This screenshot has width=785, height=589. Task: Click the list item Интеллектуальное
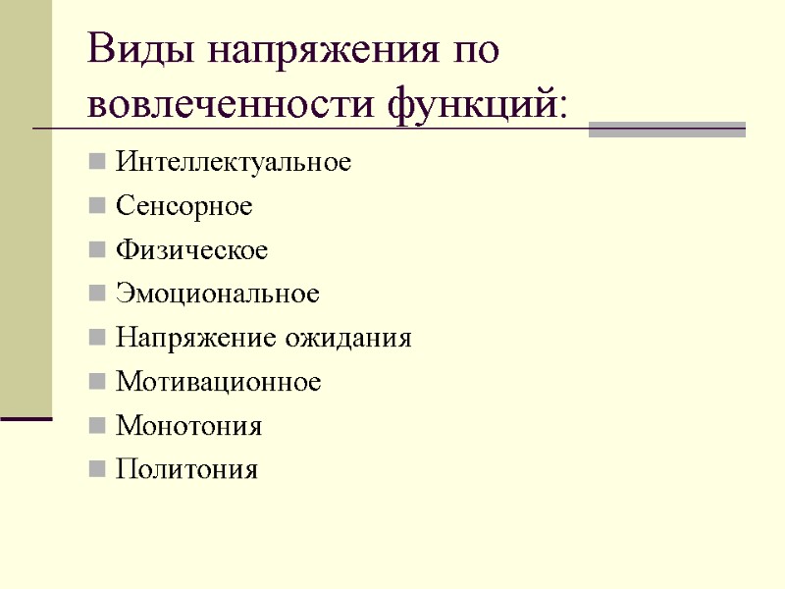[233, 162]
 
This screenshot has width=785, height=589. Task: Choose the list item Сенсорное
[183, 206]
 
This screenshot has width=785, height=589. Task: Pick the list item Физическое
[191, 250]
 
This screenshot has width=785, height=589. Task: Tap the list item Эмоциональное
[218, 294]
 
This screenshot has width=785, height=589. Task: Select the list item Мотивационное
[218, 382]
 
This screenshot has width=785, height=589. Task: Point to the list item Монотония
[188, 426]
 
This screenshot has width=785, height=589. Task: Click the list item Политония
[186, 470]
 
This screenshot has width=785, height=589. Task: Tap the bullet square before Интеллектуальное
[96, 162]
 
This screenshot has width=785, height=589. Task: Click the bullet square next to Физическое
[96, 250]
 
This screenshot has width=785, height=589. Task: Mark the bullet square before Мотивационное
[96, 382]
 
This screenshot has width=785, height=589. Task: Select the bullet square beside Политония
[96, 470]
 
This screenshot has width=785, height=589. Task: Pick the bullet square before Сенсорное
[96, 206]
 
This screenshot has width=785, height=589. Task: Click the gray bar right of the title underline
[666, 130]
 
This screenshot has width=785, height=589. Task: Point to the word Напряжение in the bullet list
[196, 339]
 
